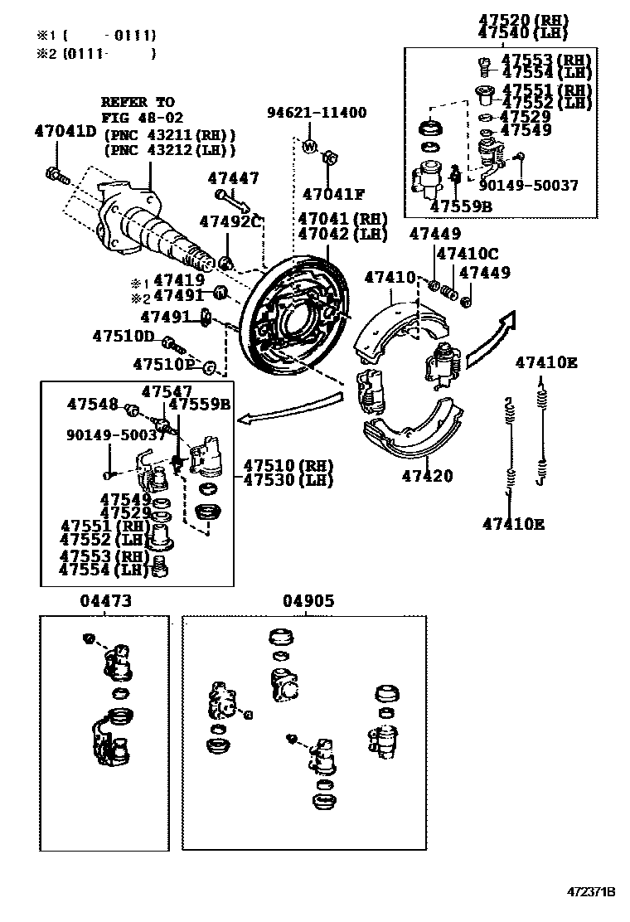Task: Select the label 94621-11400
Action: (316, 113)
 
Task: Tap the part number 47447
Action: (233, 177)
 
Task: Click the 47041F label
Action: (333, 195)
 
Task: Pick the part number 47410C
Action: (468, 254)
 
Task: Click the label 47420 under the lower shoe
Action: (428, 476)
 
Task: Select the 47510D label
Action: (124, 336)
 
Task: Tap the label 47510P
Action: (163, 364)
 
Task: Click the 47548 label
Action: (93, 404)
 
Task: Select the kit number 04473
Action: (105, 601)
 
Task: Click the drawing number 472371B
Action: (591, 892)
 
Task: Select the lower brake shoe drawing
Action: (412, 431)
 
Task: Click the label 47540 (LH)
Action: (520, 32)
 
